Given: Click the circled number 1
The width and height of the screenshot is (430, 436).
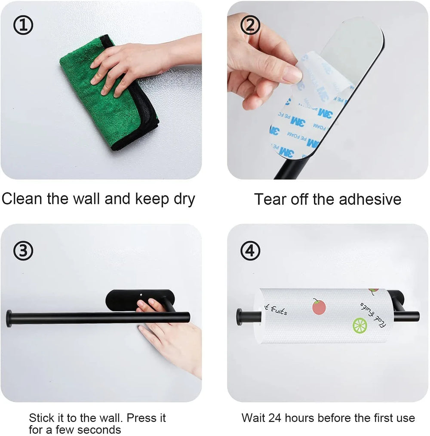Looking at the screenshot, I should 23,26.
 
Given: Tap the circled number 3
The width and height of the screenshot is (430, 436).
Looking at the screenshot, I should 23,251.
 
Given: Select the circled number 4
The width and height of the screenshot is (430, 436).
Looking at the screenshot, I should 250,251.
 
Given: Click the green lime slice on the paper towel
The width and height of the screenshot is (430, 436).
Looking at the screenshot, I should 359,325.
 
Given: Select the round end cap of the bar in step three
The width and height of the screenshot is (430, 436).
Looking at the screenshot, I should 9,319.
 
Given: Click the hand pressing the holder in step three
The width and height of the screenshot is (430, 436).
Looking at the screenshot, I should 172,335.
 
